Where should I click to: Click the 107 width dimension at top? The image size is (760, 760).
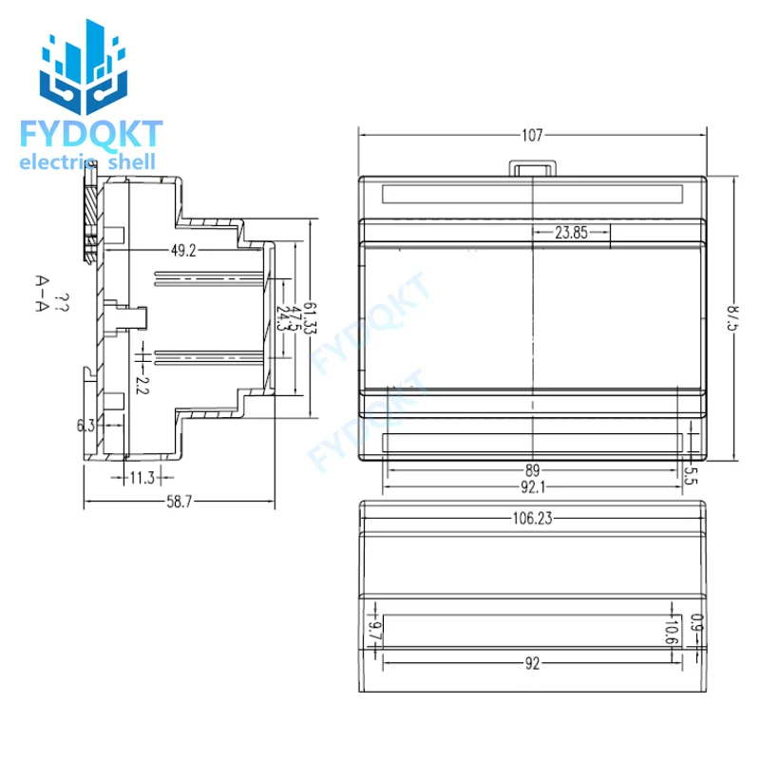click(x=532, y=135)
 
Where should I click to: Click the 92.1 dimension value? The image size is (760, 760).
click(x=532, y=486)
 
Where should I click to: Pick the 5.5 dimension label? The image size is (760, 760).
click(x=692, y=476)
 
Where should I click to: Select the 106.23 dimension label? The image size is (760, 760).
click(x=532, y=518)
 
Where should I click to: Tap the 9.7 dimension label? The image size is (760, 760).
click(x=374, y=629)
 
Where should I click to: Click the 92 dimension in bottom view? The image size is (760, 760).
click(x=532, y=664)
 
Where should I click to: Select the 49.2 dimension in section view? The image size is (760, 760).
click(x=182, y=251)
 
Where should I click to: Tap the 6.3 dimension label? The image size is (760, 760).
click(x=85, y=426)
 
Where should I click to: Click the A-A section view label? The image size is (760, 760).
click(x=42, y=294)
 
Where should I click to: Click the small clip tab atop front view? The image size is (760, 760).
click(x=533, y=166)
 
